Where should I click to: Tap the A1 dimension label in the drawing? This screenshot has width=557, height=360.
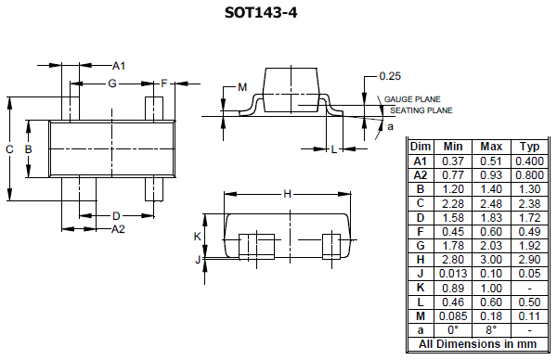[118, 66]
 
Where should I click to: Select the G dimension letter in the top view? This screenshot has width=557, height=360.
[111, 84]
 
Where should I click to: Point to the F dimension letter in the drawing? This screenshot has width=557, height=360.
[163, 84]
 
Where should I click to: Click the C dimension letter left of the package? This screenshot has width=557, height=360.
[9, 149]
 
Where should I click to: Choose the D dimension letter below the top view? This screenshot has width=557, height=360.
[116, 215]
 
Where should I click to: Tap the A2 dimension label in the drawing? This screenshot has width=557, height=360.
[118, 228]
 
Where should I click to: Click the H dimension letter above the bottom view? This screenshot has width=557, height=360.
[287, 194]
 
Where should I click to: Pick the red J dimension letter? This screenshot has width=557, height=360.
[198, 261]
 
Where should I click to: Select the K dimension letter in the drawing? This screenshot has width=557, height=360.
[198, 237]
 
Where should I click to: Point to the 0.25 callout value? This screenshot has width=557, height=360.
[390, 76]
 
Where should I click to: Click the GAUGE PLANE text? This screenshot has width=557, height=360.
[412, 99]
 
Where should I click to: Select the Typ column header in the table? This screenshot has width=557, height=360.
[529, 147]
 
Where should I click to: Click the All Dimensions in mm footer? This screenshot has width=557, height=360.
[477, 343]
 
